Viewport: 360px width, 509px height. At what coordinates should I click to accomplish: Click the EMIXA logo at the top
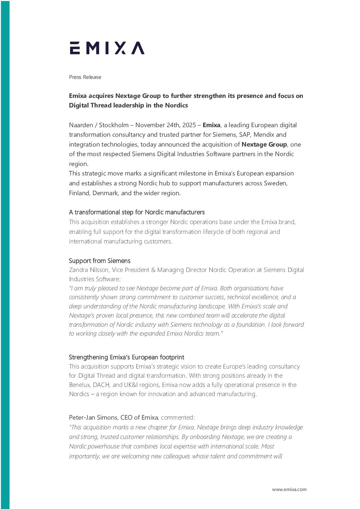[x=107, y=48]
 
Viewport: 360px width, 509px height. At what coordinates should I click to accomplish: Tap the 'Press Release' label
[x=85, y=77]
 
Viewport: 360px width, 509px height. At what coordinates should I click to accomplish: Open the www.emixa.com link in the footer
[x=289, y=489]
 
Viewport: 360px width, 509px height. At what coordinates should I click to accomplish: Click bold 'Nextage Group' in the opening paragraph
[x=264, y=145]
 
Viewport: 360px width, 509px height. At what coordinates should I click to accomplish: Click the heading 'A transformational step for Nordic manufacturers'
[x=137, y=212]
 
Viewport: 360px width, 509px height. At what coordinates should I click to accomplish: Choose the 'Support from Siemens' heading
[x=100, y=261]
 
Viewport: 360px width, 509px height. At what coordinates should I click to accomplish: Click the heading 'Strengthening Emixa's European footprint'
[x=126, y=357]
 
